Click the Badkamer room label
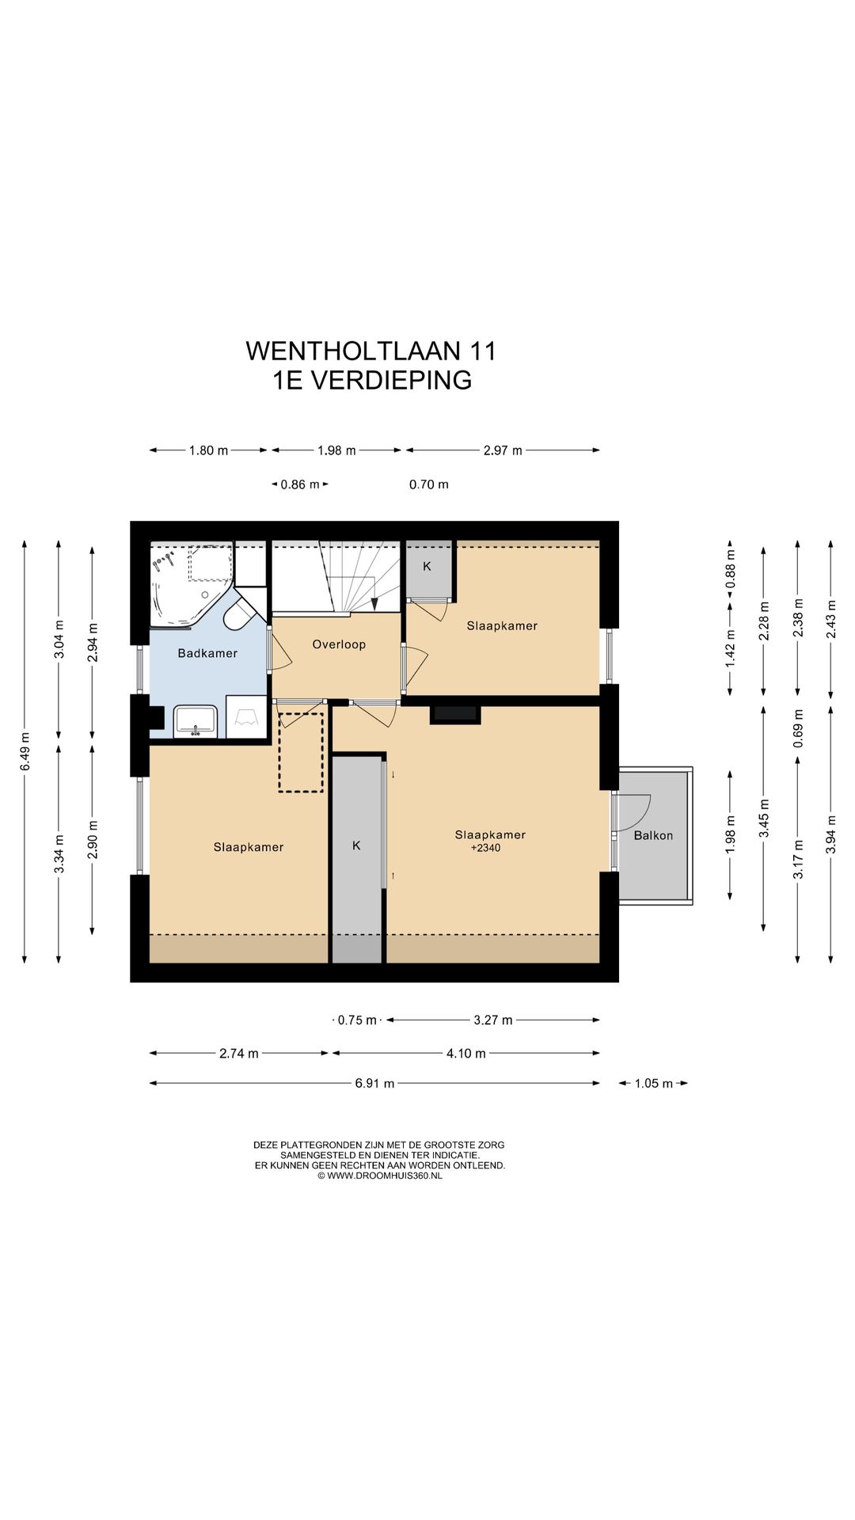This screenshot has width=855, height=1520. (207, 653)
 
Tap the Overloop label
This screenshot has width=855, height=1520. (339, 644)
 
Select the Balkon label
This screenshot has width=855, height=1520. (653, 835)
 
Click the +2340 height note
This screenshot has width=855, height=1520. (485, 848)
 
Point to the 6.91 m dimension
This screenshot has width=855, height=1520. (374, 1083)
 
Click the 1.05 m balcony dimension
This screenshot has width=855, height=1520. (653, 1083)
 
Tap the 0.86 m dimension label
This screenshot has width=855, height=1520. (300, 484)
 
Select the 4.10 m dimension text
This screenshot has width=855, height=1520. (465, 1053)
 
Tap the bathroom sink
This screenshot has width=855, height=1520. (196, 721)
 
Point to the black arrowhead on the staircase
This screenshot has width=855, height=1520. (374, 603)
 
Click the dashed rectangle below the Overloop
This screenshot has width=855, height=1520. (301, 752)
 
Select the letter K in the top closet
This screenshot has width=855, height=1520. (427, 566)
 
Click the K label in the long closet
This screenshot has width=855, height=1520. (356, 845)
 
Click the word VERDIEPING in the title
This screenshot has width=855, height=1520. (391, 380)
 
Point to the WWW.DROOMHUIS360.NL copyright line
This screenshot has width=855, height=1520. (380, 1176)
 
